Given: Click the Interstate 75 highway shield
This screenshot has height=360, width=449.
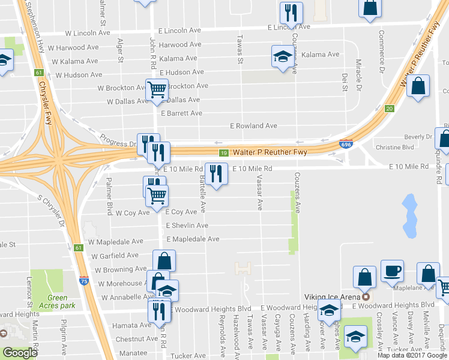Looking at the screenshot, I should coord(83,280).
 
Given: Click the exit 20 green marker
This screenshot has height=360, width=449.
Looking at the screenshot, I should coord(389,109).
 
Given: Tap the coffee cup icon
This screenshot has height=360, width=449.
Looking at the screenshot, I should coord(392,271).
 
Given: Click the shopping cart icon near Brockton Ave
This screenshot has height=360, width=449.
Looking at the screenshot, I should coord(157,89).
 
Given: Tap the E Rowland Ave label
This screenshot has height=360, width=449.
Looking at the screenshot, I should coord(254,126).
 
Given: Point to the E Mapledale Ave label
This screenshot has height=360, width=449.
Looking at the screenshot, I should coord(193,239).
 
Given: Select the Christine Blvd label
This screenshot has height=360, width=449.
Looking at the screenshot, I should coord(395,147).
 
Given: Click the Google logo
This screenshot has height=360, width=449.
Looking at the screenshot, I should coord(20,353).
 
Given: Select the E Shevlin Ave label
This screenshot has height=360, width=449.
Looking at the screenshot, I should coord(187,226).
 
